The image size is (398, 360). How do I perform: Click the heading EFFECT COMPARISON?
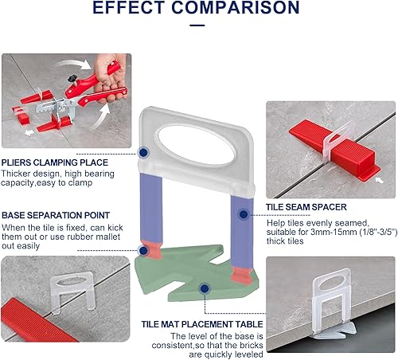(x=196, y=7)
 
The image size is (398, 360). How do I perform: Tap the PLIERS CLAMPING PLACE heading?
(x=55, y=162)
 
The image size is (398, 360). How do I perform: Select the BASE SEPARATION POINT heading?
(x=56, y=215)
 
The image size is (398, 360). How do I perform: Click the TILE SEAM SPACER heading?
(x=306, y=207)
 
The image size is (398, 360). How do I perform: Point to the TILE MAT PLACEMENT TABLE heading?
(x=202, y=324)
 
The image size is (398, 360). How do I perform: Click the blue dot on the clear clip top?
(x=143, y=153)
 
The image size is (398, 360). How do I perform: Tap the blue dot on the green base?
(x=205, y=288)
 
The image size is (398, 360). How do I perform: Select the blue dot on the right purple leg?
(x=244, y=214)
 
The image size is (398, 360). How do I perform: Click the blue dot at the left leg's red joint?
(x=143, y=250)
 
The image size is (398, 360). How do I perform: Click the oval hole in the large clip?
(x=196, y=146)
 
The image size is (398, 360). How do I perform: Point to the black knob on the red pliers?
(x=72, y=78)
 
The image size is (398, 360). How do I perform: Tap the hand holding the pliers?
(x=110, y=77)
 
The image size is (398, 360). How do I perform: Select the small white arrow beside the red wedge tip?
(x=380, y=180)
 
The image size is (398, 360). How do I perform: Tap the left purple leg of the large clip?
(x=151, y=207)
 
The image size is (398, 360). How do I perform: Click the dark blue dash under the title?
(x=197, y=25)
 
